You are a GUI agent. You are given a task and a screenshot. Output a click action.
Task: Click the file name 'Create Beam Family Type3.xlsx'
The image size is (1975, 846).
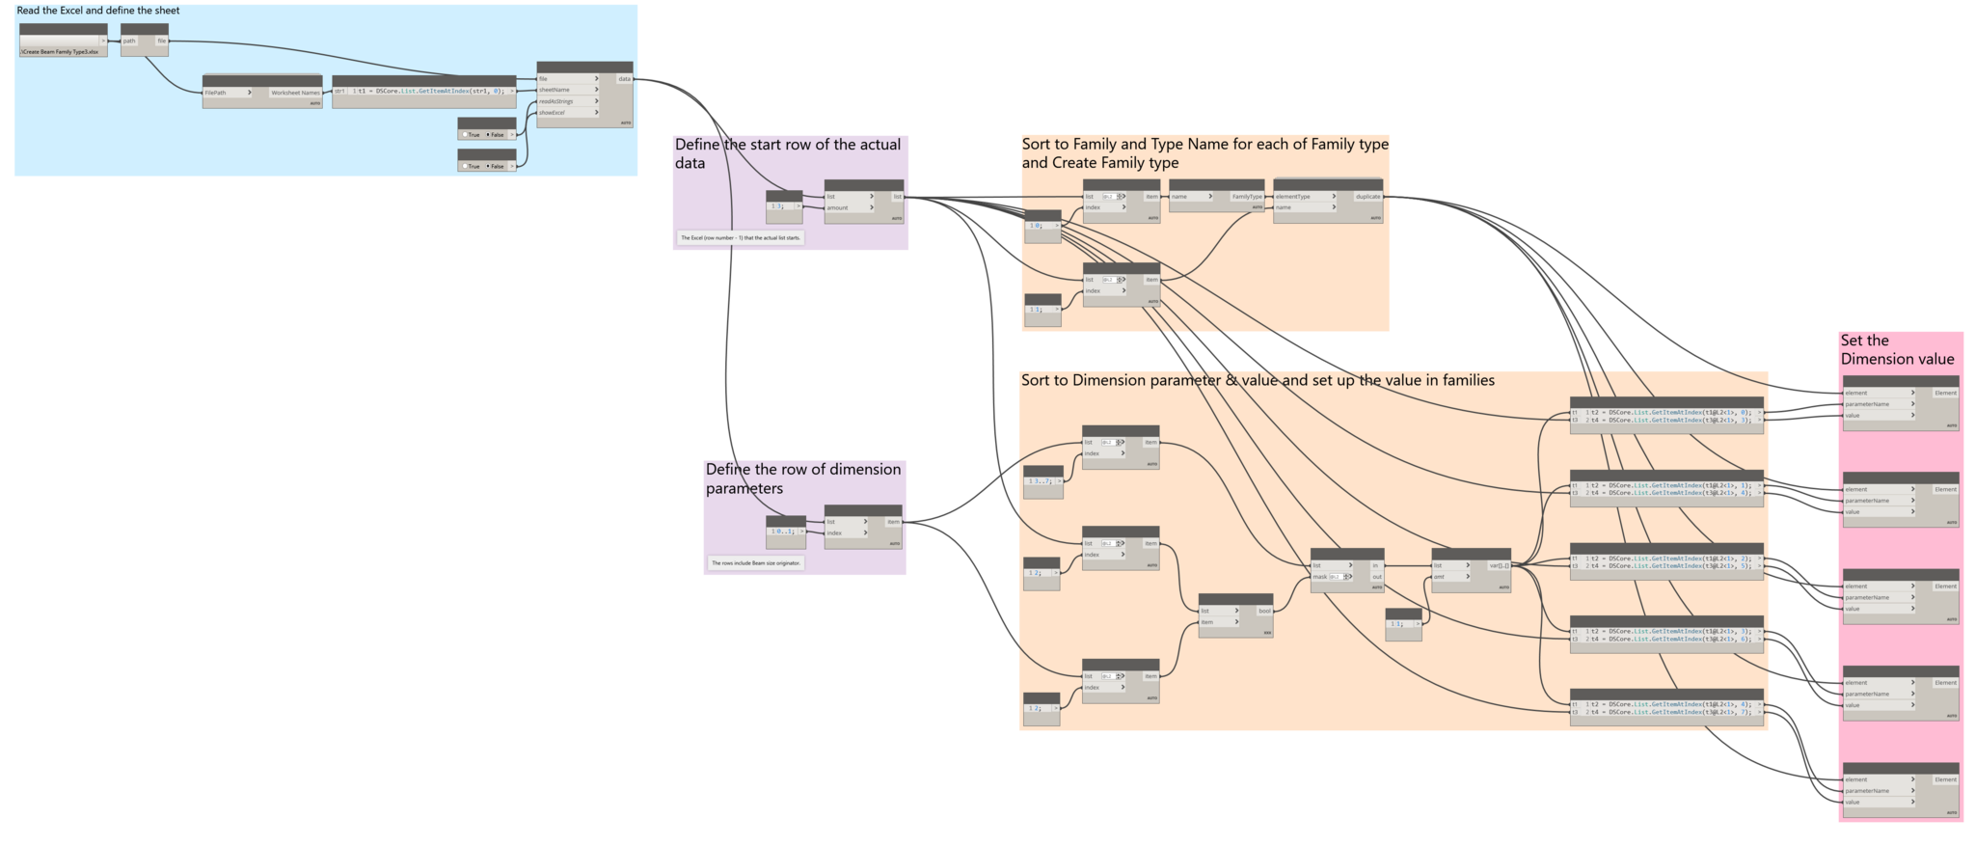tap(61, 51)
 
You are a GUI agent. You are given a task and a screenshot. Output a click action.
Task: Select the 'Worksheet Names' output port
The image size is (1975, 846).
tap(295, 93)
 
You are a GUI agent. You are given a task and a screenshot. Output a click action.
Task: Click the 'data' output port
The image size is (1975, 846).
tap(624, 79)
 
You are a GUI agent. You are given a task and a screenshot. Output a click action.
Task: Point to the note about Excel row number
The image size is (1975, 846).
tap(741, 237)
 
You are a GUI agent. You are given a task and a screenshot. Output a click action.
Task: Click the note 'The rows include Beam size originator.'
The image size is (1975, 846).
tap(756, 562)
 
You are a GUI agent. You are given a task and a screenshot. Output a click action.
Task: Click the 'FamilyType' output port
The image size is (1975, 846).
tap(1246, 197)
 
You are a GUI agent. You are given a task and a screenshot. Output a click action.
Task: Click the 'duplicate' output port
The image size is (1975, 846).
tap(1367, 197)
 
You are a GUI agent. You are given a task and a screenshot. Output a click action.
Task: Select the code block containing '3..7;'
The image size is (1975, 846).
tap(1042, 480)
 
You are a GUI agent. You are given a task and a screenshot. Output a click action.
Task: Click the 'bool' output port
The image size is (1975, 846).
tap(1263, 611)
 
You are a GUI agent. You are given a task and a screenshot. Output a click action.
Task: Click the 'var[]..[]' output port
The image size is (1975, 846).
tap(1499, 566)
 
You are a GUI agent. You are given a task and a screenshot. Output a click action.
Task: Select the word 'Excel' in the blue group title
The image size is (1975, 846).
tap(86, 11)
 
